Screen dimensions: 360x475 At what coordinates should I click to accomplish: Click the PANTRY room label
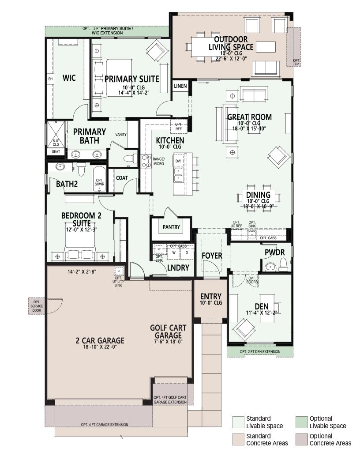pyautogui.click(x=171, y=227)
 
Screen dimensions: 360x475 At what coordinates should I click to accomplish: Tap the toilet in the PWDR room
pyautogui.click(x=283, y=265)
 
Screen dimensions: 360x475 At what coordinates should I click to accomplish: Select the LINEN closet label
pyautogui.click(x=180, y=86)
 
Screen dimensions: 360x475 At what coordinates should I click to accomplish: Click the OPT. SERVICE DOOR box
pyautogui.click(x=37, y=306)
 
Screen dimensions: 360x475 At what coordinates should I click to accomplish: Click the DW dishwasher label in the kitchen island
pyautogui.click(x=178, y=161)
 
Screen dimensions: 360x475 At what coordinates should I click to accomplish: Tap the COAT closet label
pyautogui.click(x=122, y=178)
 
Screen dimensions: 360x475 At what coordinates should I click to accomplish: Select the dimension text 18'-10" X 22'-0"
pyautogui.click(x=100, y=347)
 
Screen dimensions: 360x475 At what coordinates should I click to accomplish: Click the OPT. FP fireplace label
pyautogui.click(x=296, y=62)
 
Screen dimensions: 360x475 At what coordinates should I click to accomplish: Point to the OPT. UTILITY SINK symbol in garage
pyautogui.click(x=118, y=271)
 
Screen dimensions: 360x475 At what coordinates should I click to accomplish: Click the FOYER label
pyautogui.click(x=212, y=256)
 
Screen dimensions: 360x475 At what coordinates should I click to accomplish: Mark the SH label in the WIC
pyautogui.click(x=50, y=79)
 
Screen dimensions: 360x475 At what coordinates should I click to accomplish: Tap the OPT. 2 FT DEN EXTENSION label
pyautogui.click(x=260, y=352)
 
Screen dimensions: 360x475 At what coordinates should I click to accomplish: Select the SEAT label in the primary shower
pyautogui.click(x=56, y=151)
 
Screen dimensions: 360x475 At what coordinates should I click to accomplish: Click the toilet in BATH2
pyautogui.click(x=81, y=170)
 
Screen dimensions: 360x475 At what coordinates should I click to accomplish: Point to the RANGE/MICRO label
pyautogui.click(x=158, y=161)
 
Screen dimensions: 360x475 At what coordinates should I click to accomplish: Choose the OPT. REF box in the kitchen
pyautogui.click(x=179, y=126)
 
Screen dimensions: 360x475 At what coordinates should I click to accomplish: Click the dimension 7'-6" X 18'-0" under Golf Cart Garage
pyautogui.click(x=168, y=341)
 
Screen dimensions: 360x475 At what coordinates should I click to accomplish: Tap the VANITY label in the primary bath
pyautogui.click(x=121, y=135)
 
